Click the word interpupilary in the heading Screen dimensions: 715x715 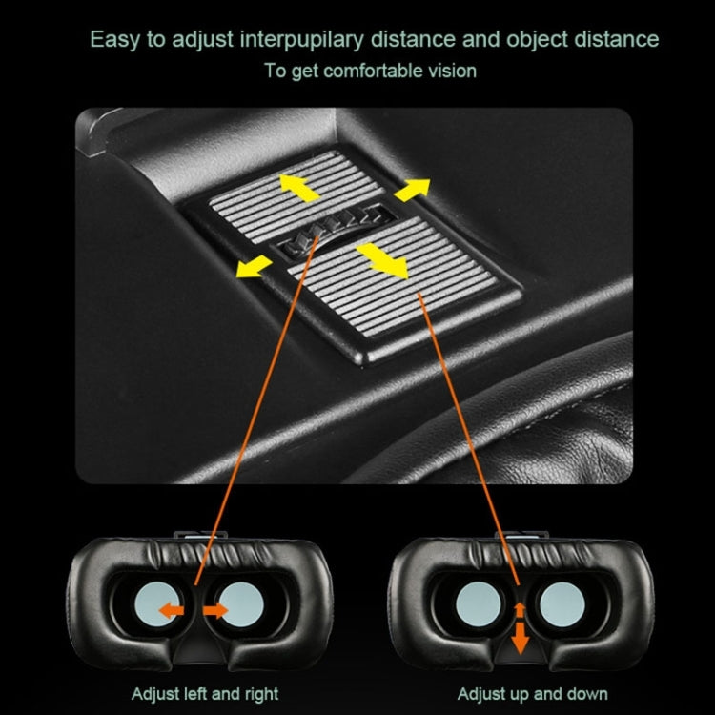302,39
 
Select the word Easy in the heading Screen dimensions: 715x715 115,40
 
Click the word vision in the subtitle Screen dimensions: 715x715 452,71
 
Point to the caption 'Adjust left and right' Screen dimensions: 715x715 205,694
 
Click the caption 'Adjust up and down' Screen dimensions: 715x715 533,694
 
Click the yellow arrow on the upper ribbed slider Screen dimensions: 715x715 299,188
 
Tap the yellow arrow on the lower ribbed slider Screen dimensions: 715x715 382,260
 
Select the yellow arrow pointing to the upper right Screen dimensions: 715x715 412,190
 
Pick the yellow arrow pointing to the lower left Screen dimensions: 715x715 254,266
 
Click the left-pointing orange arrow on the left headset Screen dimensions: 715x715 172,610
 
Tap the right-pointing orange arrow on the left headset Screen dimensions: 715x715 215,610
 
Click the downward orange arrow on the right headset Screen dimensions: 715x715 520,638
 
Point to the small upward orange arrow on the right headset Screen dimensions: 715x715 520,610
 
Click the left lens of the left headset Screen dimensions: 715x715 156,604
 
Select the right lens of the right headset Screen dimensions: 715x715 562,604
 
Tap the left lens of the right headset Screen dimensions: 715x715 479,604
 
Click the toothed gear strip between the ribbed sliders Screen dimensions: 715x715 336,231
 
